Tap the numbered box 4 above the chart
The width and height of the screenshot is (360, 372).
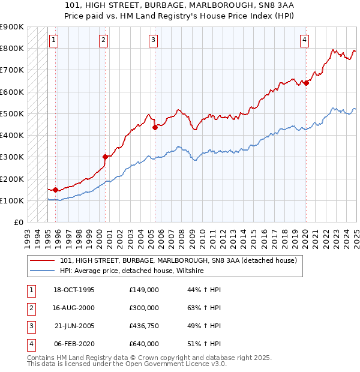tap(305, 40)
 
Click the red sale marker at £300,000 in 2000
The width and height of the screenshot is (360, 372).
tap(105, 157)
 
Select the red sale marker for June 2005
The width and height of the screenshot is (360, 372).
tap(155, 127)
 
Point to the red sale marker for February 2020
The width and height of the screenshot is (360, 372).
tap(306, 83)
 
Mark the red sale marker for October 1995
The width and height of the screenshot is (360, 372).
tap(55, 190)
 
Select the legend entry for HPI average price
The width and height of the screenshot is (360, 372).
tap(132, 271)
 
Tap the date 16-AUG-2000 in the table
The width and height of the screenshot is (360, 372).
tap(74, 308)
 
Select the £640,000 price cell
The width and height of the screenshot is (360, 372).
tap(144, 344)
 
